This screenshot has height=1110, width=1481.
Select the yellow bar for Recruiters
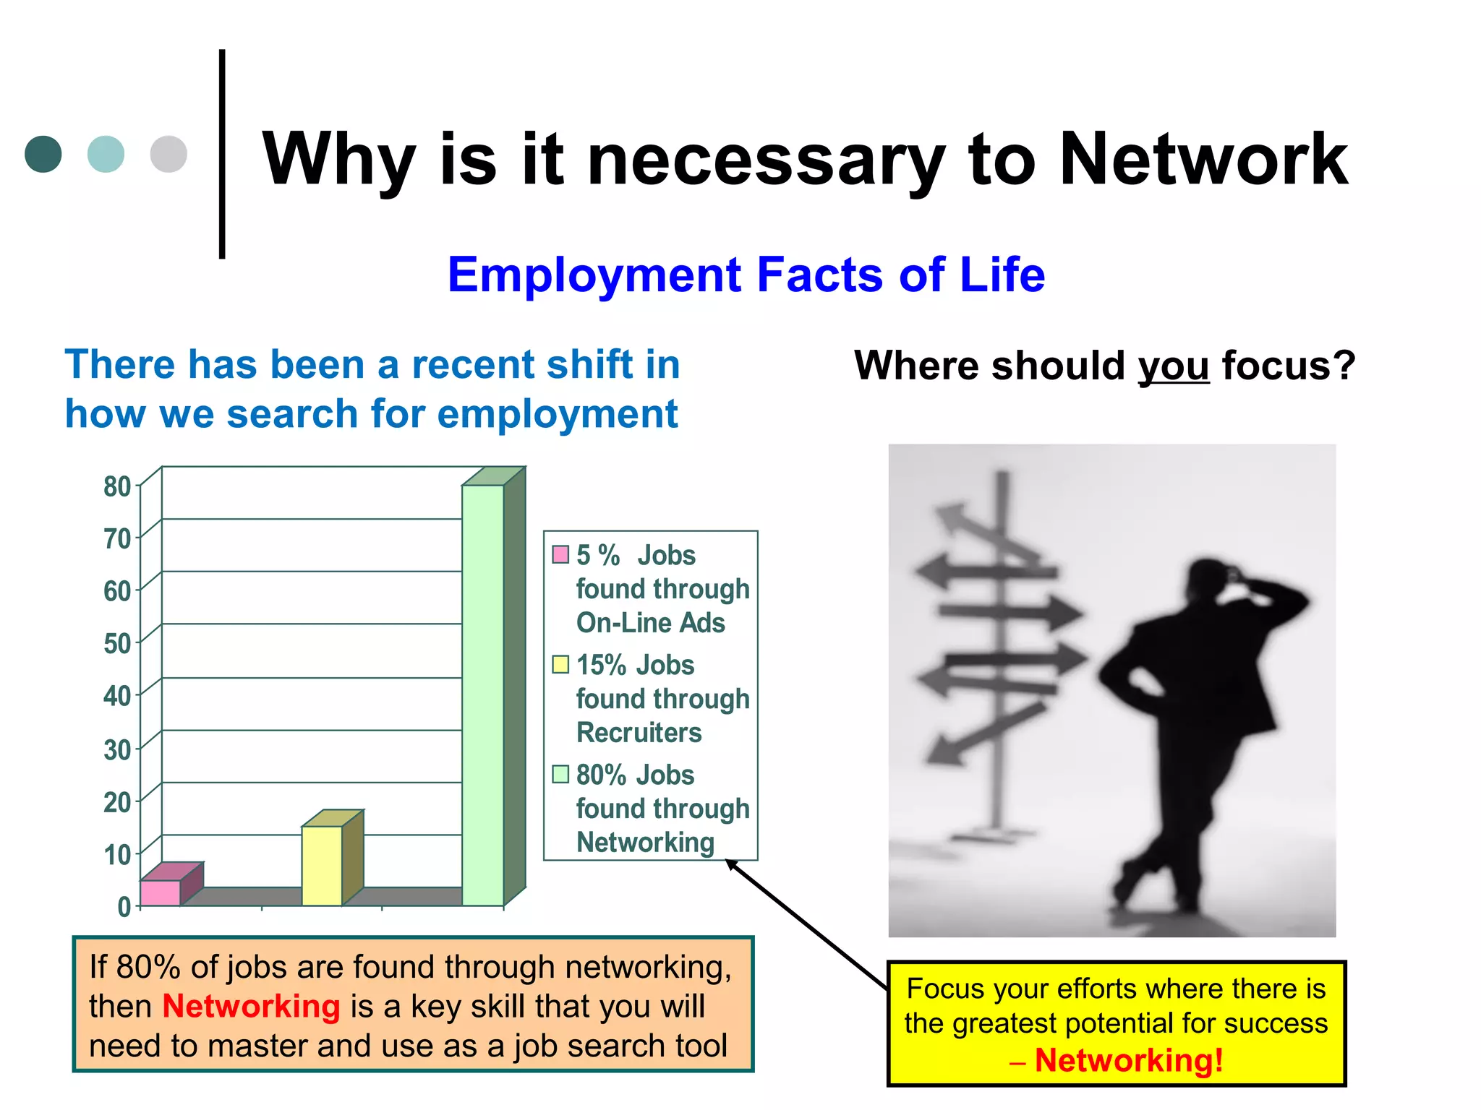coord(322,865)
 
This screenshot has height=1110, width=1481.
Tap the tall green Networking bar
coord(483,694)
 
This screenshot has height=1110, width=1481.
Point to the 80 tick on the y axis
coord(117,486)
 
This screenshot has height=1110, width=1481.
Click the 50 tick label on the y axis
coord(117,643)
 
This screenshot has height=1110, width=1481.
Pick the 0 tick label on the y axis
coord(124,906)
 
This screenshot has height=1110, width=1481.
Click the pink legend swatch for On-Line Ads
coord(560,554)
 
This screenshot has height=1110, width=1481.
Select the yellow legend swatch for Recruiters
coord(560,664)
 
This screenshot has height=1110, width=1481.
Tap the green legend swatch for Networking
coord(560,774)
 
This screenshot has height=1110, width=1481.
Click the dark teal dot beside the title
coord(43,154)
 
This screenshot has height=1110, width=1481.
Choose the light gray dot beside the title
coord(168,154)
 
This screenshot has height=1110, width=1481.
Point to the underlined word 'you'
coord(1173,366)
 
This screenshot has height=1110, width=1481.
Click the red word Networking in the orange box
coord(251,1006)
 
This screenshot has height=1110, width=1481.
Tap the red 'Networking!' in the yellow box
coord(1129,1061)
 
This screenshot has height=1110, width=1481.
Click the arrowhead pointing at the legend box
coord(731,864)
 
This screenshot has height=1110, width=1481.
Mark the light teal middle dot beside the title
coord(106,154)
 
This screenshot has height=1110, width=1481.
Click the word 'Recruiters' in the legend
coord(639,733)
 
